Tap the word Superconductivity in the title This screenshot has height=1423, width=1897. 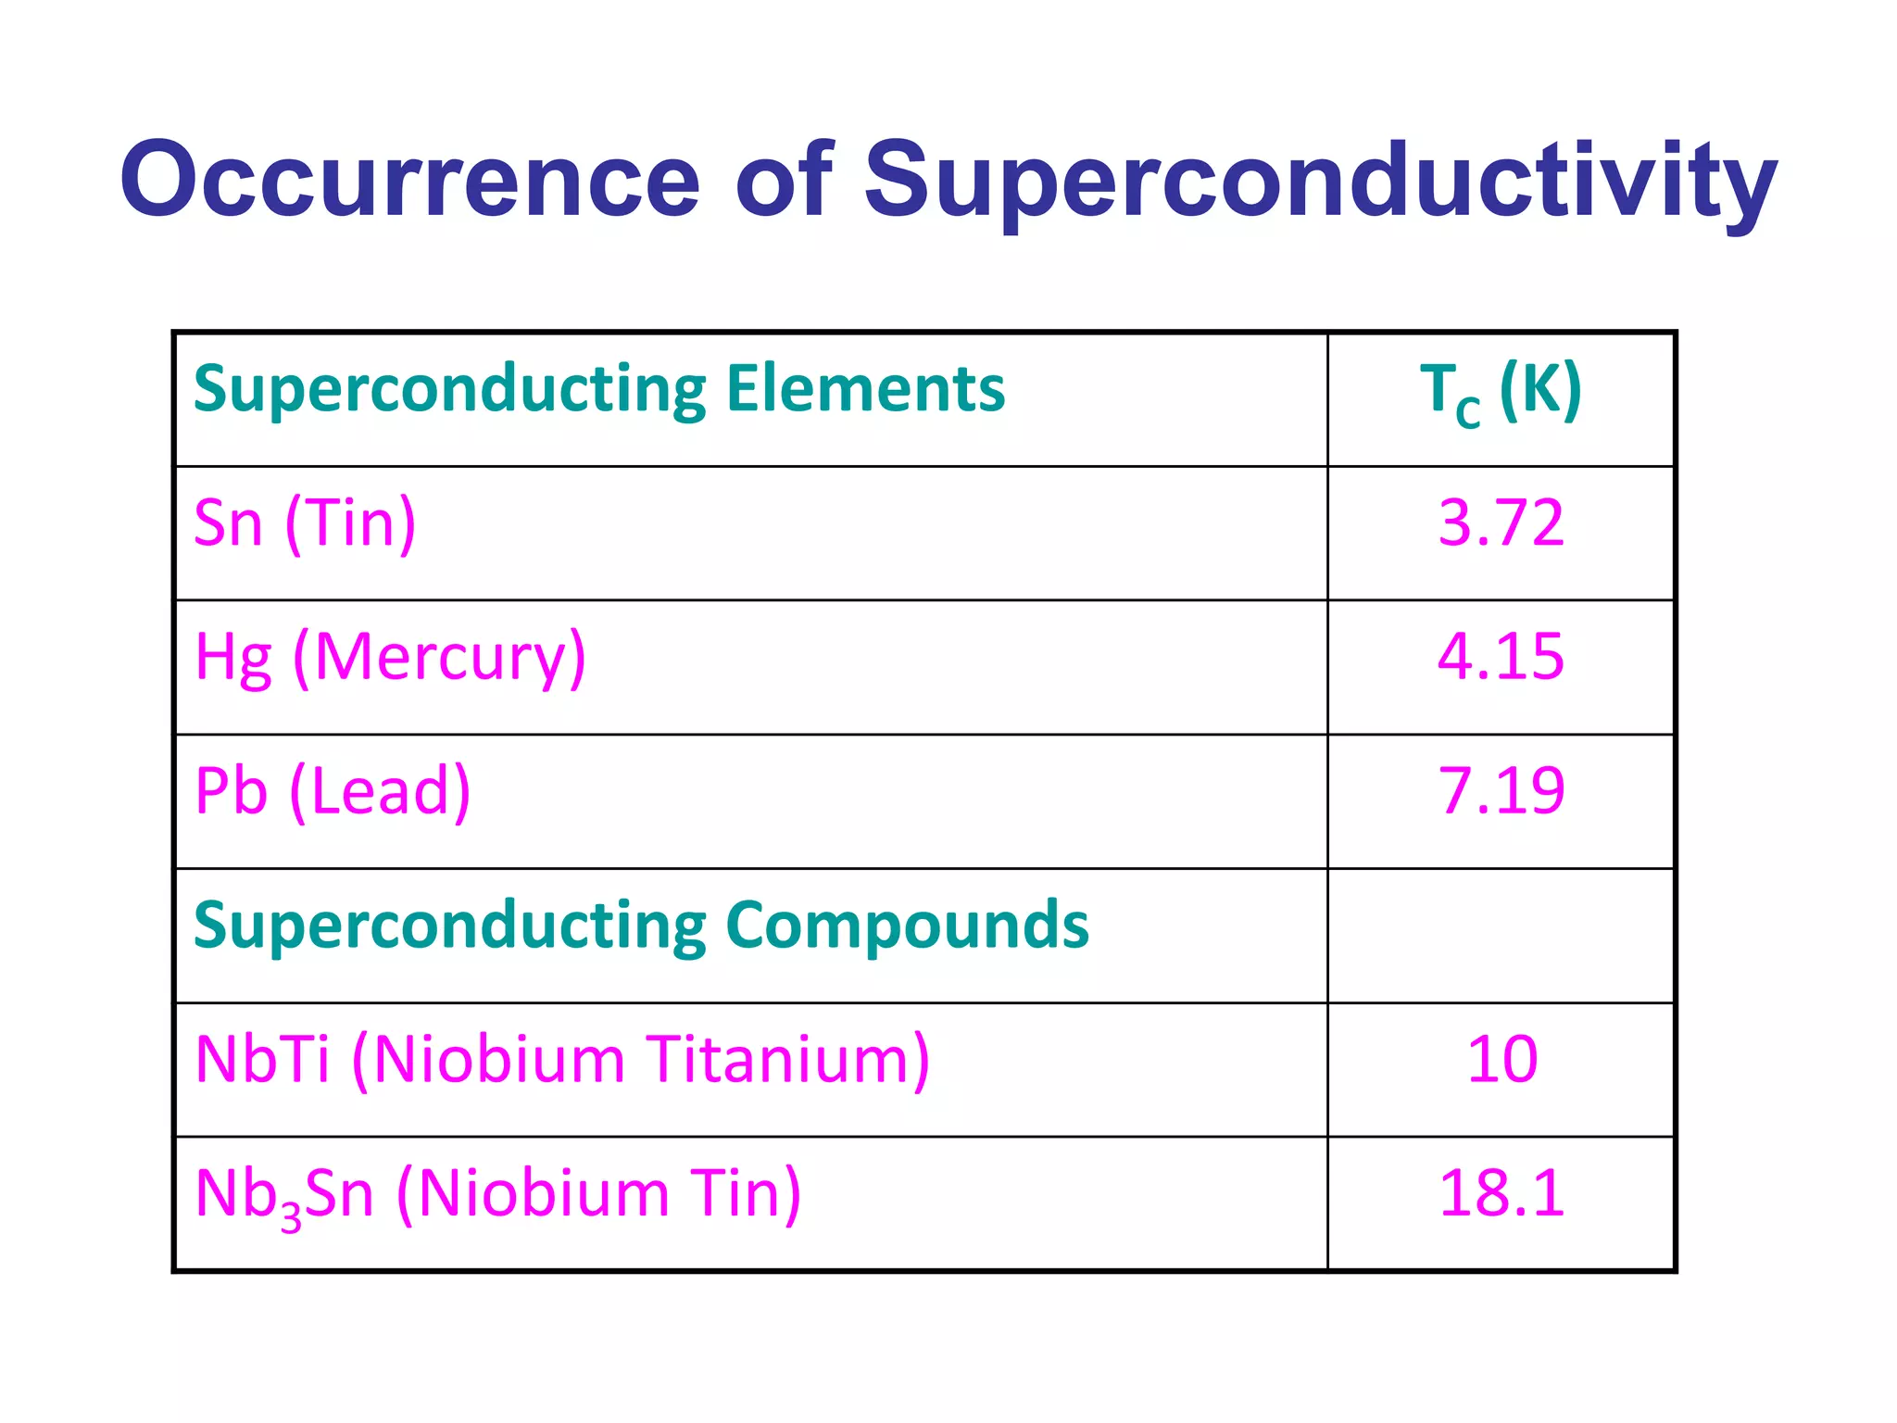(1319, 181)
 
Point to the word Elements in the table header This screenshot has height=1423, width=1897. (865, 389)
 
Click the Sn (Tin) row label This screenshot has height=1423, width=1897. (305, 524)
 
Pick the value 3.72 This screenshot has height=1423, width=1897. (1501, 523)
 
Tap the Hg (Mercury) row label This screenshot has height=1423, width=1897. (390, 659)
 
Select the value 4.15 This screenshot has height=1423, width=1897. (1501, 657)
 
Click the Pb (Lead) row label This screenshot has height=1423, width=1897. (333, 792)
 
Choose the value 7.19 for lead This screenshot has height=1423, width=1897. (1501, 791)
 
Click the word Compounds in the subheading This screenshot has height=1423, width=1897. (907, 926)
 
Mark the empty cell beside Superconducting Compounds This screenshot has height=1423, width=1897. (1501, 936)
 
